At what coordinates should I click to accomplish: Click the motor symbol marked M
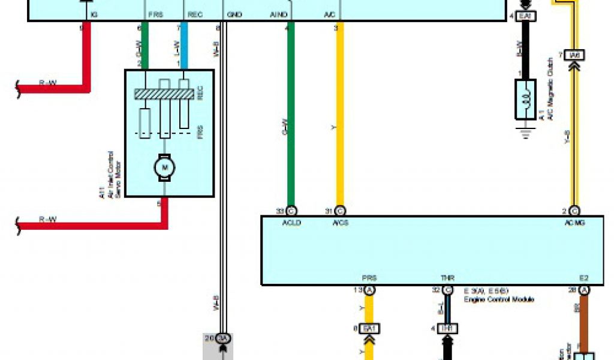click(164, 167)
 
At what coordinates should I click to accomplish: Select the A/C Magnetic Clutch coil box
click(526, 100)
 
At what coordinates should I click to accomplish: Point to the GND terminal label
click(234, 14)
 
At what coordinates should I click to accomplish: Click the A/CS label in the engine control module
click(340, 222)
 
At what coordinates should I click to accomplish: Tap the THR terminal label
click(447, 278)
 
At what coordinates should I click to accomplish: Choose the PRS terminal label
click(369, 278)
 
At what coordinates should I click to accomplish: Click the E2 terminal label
click(584, 278)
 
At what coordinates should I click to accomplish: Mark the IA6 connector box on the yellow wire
click(574, 55)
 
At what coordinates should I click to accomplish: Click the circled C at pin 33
click(291, 211)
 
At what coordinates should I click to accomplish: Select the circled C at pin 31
click(340, 211)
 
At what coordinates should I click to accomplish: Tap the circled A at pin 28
click(584, 290)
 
